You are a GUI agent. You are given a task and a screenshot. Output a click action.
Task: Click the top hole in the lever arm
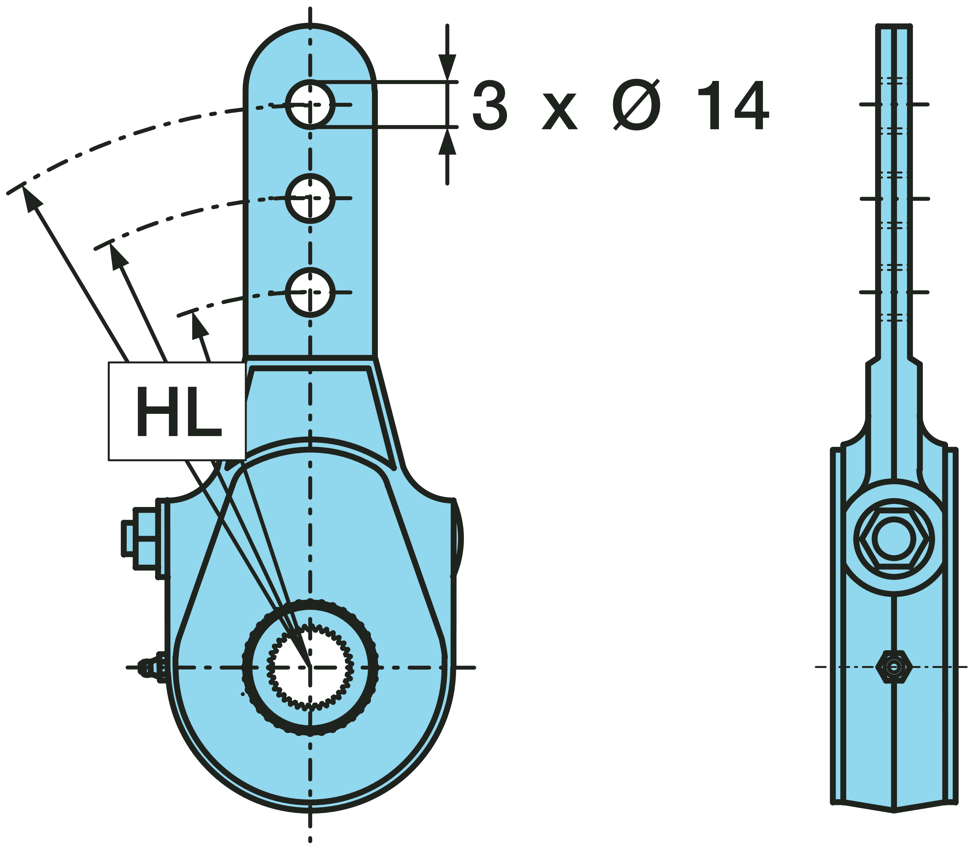310,104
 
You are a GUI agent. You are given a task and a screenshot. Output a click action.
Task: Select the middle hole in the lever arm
310,198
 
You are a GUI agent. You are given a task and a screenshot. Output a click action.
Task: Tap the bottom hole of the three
310,292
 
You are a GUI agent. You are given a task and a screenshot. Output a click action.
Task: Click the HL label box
177,411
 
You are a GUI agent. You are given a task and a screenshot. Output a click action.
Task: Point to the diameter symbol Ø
636,105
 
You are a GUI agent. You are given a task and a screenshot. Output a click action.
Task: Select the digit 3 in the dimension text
490,105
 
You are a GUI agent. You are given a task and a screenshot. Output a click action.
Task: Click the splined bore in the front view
310,667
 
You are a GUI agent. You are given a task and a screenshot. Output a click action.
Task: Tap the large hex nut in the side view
894,539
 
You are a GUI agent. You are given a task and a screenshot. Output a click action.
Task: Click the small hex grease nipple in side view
894,667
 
